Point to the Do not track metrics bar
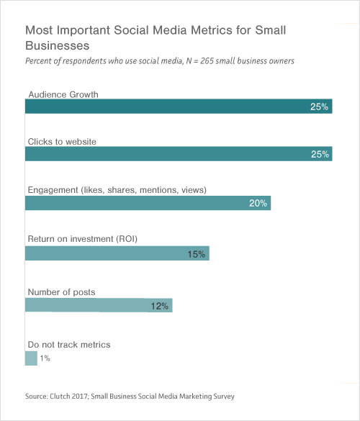pos(31,358)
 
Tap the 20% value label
pos(258,203)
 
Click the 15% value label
pos(197,253)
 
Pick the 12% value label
pos(160,306)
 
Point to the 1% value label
pos(45,358)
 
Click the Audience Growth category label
pos(63,94)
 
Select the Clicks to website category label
pos(62,142)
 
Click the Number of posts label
pos(61,291)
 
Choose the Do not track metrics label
pos(69,345)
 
